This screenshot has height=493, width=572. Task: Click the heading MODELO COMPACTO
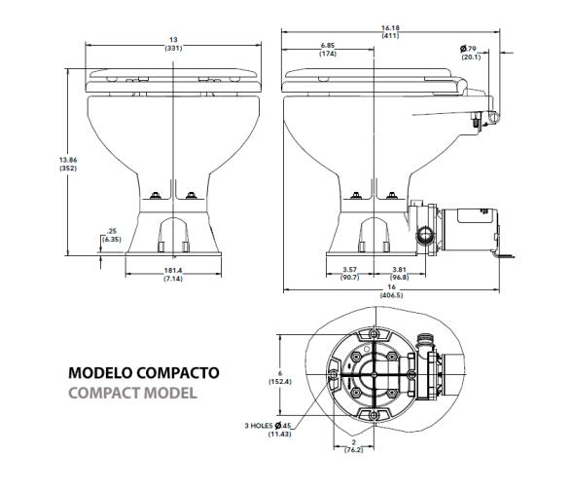coord(143,373)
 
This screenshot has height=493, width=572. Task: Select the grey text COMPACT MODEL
coord(132,393)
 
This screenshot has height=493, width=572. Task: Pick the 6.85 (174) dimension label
coord(328,50)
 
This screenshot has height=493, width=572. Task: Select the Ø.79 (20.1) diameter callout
coord(470,52)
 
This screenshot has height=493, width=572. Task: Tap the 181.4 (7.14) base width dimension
coord(175,276)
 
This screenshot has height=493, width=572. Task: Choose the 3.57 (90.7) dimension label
coord(351,274)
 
